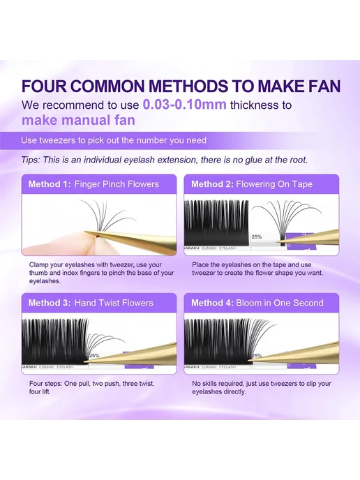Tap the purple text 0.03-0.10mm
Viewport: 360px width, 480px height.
point(185,105)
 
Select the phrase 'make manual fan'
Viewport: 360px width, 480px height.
point(78,120)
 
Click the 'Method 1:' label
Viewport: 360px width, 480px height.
point(50,184)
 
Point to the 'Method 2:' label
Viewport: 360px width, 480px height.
point(213,184)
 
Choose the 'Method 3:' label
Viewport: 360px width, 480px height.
point(50,303)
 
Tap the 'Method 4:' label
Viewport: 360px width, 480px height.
point(213,303)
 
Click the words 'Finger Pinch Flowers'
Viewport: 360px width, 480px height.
point(117,184)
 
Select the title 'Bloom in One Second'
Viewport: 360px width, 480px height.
point(280,303)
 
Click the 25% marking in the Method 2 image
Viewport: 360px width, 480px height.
point(257,237)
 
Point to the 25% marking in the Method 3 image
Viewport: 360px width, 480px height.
point(94,356)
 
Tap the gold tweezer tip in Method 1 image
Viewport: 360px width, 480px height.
point(87,232)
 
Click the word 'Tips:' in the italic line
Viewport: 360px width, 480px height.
point(31,160)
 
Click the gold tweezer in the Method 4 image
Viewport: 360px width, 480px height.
point(293,352)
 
